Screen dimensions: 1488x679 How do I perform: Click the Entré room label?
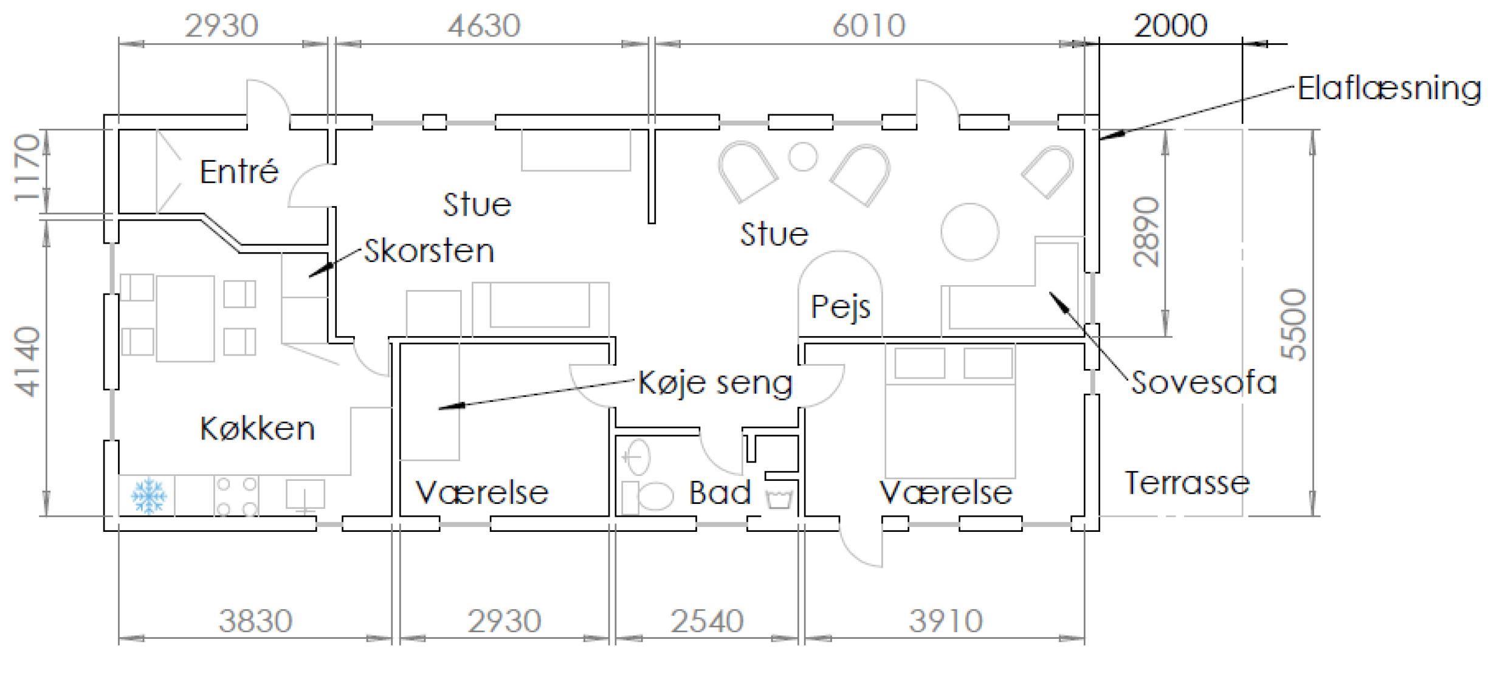[x=239, y=171]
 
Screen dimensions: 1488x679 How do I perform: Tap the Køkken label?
[x=257, y=429]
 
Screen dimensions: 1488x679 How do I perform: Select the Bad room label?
[x=720, y=492]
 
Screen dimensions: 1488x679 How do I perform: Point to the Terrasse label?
[x=1187, y=483]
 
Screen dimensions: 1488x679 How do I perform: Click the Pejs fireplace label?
[x=841, y=307]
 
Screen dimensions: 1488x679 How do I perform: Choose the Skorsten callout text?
[x=429, y=251]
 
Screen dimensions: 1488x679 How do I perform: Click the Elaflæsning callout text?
[x=1390, y=89]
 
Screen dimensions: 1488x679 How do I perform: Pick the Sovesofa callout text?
[x=1204, y=383]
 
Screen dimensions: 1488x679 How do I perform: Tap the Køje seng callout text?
[x=715, y=383]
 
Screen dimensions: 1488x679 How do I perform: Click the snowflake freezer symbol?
[x=148, y=495]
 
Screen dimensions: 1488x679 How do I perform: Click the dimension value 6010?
[x=869, y=26]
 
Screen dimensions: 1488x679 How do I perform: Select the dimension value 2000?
[x=1171, y=26]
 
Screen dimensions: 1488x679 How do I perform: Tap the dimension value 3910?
[x=946, y=621]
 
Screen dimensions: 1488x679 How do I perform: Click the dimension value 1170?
[x=27, y=169]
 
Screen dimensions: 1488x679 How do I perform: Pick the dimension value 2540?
[x=707, y=621]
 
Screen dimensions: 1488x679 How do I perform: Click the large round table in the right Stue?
[x=970, y=232]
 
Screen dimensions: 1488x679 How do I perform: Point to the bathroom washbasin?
[x=636, y=457]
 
